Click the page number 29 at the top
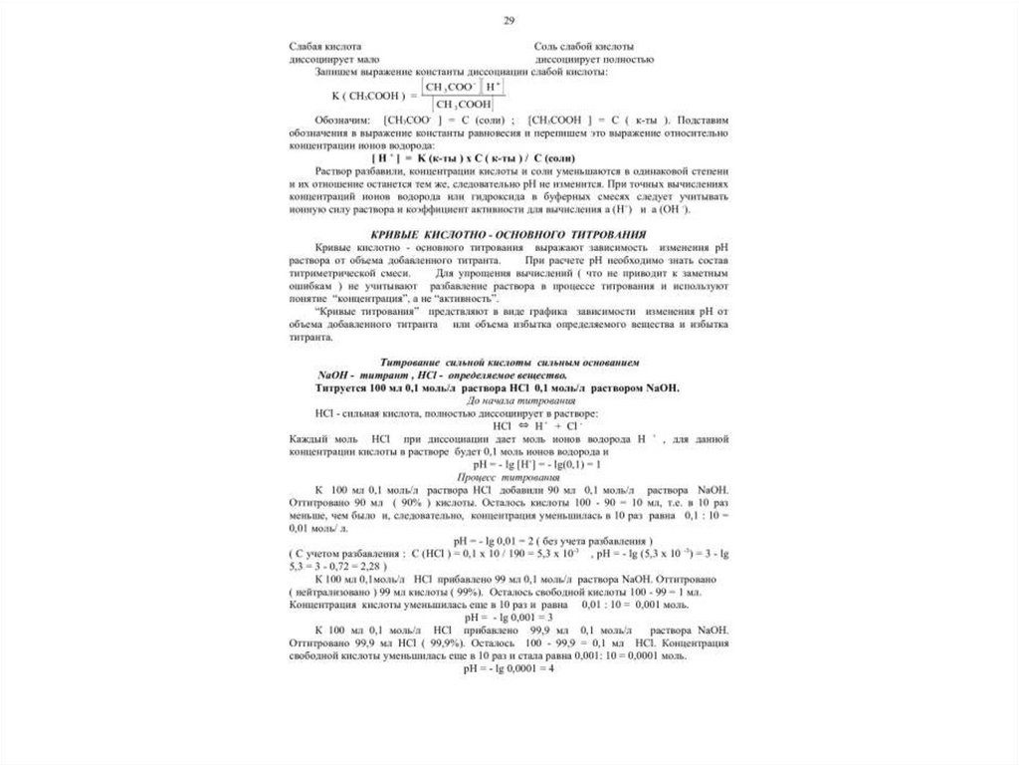pos(509,21)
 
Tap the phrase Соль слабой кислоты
pos(584,47)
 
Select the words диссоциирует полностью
pos(593,60)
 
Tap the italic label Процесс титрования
pos(509,476)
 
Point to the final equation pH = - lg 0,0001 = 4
pos(508,669)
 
